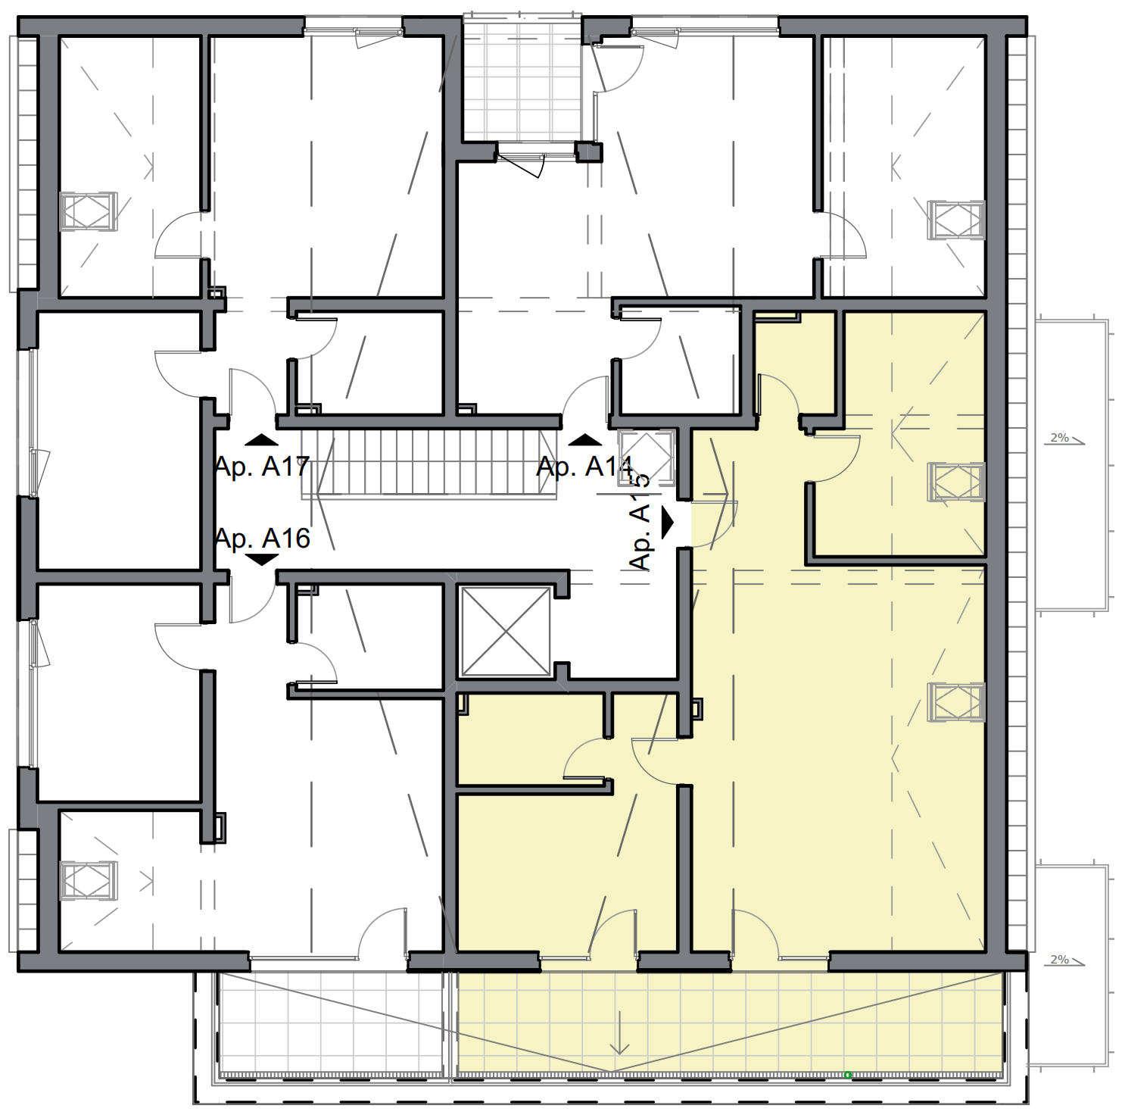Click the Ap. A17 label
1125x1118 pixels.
(x=262, y=467)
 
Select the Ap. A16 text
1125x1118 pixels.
(x=262, y=539)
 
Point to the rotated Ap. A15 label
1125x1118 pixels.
(x=640, y=523)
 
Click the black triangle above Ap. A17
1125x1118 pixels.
(x=262, y=440)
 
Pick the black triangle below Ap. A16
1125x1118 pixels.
(x=262, y=561)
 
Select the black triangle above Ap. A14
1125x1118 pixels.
(x=584, y=440)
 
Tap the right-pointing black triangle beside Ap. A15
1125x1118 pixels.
(x=667, y=522)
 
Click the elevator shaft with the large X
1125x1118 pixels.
(x=506, y=631)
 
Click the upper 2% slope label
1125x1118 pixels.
(x=1060, y=438)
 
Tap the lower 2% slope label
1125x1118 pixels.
(x=1060, y=960)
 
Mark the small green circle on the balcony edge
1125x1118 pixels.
(x=848, y=1075)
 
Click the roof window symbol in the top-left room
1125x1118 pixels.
(x=89, y=211)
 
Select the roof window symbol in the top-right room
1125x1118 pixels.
(x=956, y=220)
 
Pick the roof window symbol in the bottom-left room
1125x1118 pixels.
(x=89, y=880)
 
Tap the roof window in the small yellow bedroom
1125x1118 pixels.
(x=956, y=482)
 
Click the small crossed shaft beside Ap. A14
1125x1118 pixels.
(x=646, y=457)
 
